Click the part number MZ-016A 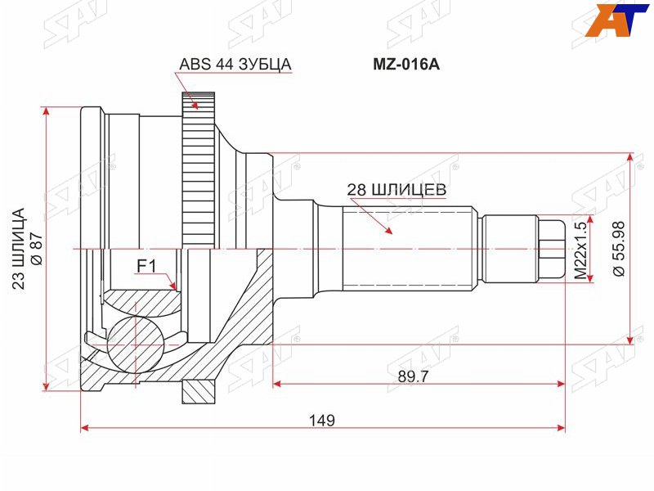(405, 65)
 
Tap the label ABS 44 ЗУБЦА (235, 65)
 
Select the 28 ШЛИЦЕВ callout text (396, 190)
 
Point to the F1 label (146, 267)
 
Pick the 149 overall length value (321, 420)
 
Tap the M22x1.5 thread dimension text (580, 250)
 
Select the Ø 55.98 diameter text (619, 249)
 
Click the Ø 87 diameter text (37, 248)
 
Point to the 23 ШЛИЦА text (18, 249)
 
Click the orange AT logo (617, 20)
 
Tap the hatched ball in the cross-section (135, 342)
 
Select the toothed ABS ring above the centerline (199, 170)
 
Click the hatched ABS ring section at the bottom (199, 392)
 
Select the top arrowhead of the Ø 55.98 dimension (629, 158)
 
